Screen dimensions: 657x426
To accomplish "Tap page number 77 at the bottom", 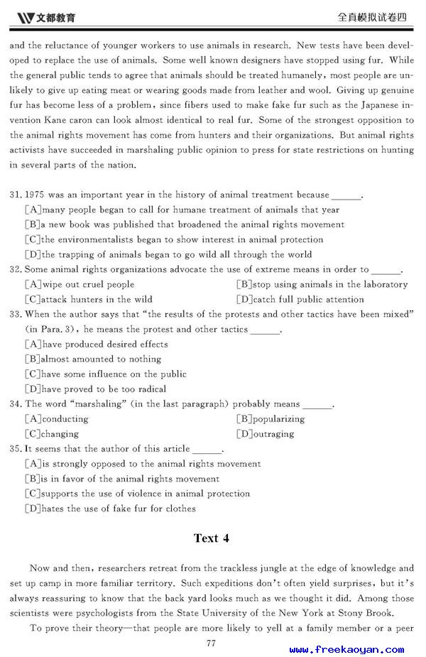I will coord(211,643).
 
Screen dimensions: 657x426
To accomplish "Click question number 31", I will coord(16,195).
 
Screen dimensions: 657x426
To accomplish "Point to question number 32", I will coord(16,269).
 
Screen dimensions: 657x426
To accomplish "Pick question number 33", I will coord(16,314).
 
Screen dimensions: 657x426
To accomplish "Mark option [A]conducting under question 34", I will coord(56,419).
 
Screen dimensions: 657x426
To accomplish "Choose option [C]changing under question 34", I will coord(52,434).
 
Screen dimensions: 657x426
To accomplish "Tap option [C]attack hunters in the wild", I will coord(88,299).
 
